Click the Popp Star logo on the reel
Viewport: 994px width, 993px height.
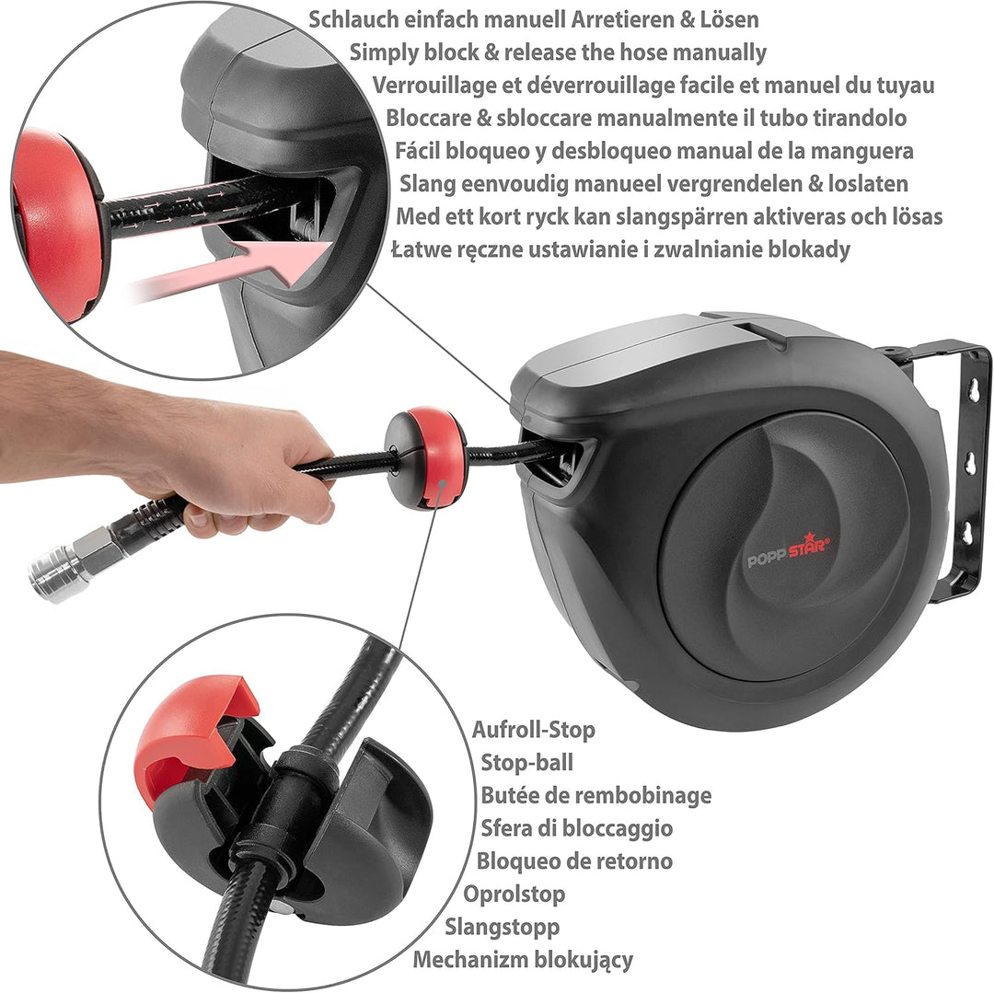click(789, 550)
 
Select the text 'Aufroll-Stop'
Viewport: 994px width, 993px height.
click(533, 730)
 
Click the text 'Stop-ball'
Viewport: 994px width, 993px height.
click(526, 762)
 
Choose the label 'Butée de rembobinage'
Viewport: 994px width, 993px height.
click(595, 795)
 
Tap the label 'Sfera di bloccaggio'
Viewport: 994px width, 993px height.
click(577, 828)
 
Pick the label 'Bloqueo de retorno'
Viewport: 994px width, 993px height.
click(574, 861)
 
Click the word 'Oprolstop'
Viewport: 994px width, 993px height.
click(514, 895)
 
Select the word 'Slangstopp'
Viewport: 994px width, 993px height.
click(503, 927)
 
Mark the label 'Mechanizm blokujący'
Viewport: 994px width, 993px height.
click(523, 960)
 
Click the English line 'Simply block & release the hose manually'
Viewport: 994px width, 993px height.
click(558, 52)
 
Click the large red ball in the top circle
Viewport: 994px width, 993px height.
click(57, 225)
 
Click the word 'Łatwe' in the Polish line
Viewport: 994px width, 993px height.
click(419, 249)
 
